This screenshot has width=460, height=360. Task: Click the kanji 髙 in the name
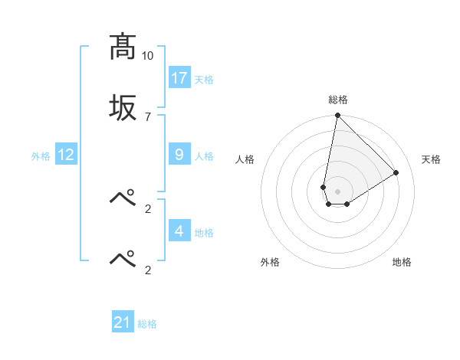[123, 48]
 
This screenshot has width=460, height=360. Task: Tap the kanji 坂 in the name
[123, 108]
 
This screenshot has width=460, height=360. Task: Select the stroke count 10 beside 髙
[147, 56]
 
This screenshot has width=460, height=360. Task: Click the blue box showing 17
[179, 78]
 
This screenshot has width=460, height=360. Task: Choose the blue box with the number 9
[179, 155]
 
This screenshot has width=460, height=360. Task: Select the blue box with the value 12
[66, 155]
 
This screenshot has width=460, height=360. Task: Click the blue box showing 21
[123, 322]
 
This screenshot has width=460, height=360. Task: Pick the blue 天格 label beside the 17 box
[203, 79]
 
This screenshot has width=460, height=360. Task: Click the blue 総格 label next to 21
[147, 323]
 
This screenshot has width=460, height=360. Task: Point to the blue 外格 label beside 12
[41, 155]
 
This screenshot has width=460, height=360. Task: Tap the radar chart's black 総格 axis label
[338, 100]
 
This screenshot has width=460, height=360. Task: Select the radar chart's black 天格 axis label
[432, 159]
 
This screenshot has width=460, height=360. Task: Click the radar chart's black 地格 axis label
[402, 262]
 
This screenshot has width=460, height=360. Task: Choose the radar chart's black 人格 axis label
[245, 159]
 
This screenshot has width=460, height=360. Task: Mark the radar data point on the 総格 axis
[337, 116]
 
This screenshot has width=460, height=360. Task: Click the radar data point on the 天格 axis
[396, 173]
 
